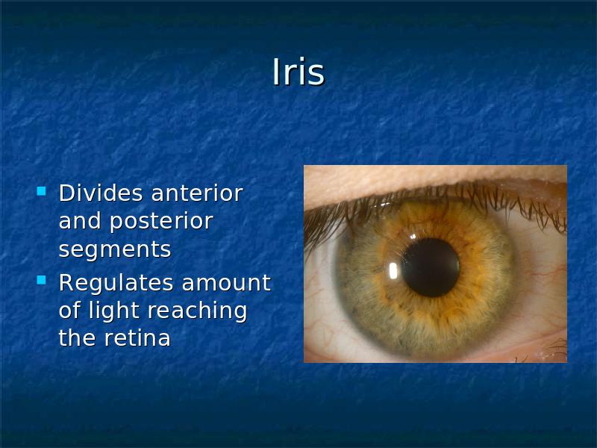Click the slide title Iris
point(298,72)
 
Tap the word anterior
point(197,193)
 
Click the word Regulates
point(116,284)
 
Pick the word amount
point(226,284)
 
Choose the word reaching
point(197,311)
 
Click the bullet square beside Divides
point(41,191)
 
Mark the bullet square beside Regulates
point(41,281)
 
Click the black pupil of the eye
point(431,267)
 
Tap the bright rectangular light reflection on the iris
point(393,270)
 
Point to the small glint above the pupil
point(413,237)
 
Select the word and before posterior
point(80,221)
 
